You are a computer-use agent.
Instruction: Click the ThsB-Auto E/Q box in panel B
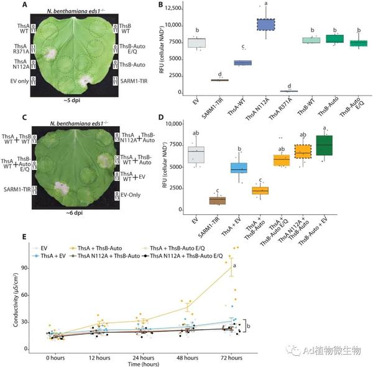[358, 43]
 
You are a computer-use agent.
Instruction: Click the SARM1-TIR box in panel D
[218, 200]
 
